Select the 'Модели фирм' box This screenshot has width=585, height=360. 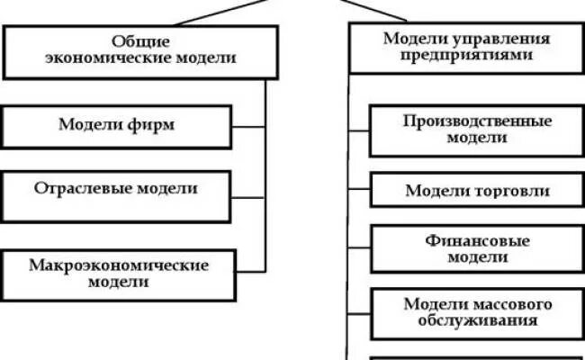click(x=116, y=126)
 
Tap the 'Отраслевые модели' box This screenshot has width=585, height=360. click(x=116, y=190)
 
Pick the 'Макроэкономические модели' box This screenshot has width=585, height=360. click(x=119, y=274)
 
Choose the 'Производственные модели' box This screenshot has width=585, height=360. click(x=477, y=130)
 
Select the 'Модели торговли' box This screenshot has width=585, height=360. click(x=477, y=191)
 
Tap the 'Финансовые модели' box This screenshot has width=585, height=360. click(x=477, y=249)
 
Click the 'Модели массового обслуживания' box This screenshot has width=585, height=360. click(x=477, y=311)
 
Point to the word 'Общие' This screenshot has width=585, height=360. click(x=141, y=41)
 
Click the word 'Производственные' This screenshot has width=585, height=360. click(x=477, y=121)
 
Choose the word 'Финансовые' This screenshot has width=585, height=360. click(x=477, y=241)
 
